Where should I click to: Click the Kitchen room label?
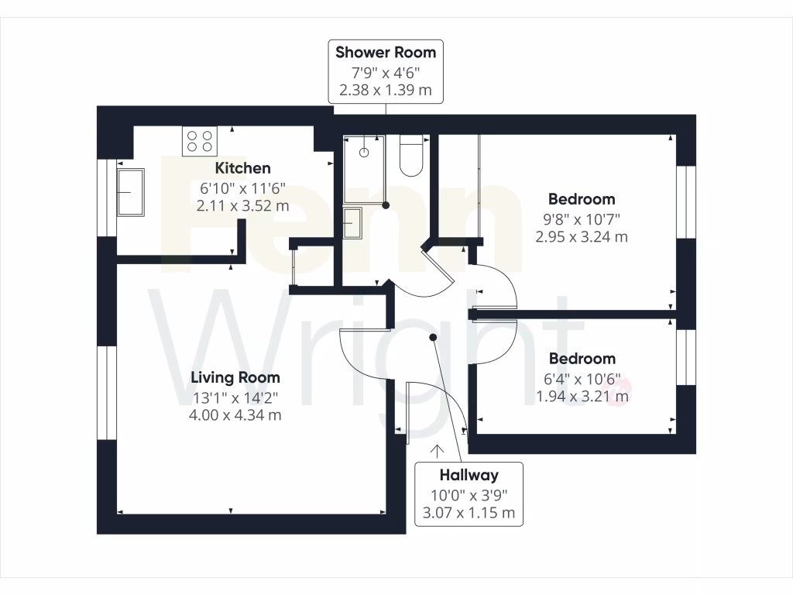click(x=242, y=168)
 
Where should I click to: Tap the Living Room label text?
click(x=235, y=377)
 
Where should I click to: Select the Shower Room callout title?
click(x=386, y=53)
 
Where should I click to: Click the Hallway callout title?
click(x=469, y=475)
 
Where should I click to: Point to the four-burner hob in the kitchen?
click(x=198, y=140)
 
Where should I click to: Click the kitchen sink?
click(x=130, y=192)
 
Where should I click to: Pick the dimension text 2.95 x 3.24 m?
click(x=582, y=237)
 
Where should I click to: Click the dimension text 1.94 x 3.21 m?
click(x=582, y=397)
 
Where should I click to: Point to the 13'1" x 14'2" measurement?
click(x=235, y=397)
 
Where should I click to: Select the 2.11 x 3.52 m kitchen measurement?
click(x=242, y=206)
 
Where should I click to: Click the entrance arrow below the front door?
click(x=438, y=450)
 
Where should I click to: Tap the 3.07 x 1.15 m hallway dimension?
click(x=469, y=513)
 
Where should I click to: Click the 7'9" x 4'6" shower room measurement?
click(x=386, y=73)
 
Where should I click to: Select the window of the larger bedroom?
click(x=682, y=201)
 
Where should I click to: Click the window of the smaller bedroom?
click(x=682, y=357)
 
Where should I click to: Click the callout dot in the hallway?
click(x=433, y=337)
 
